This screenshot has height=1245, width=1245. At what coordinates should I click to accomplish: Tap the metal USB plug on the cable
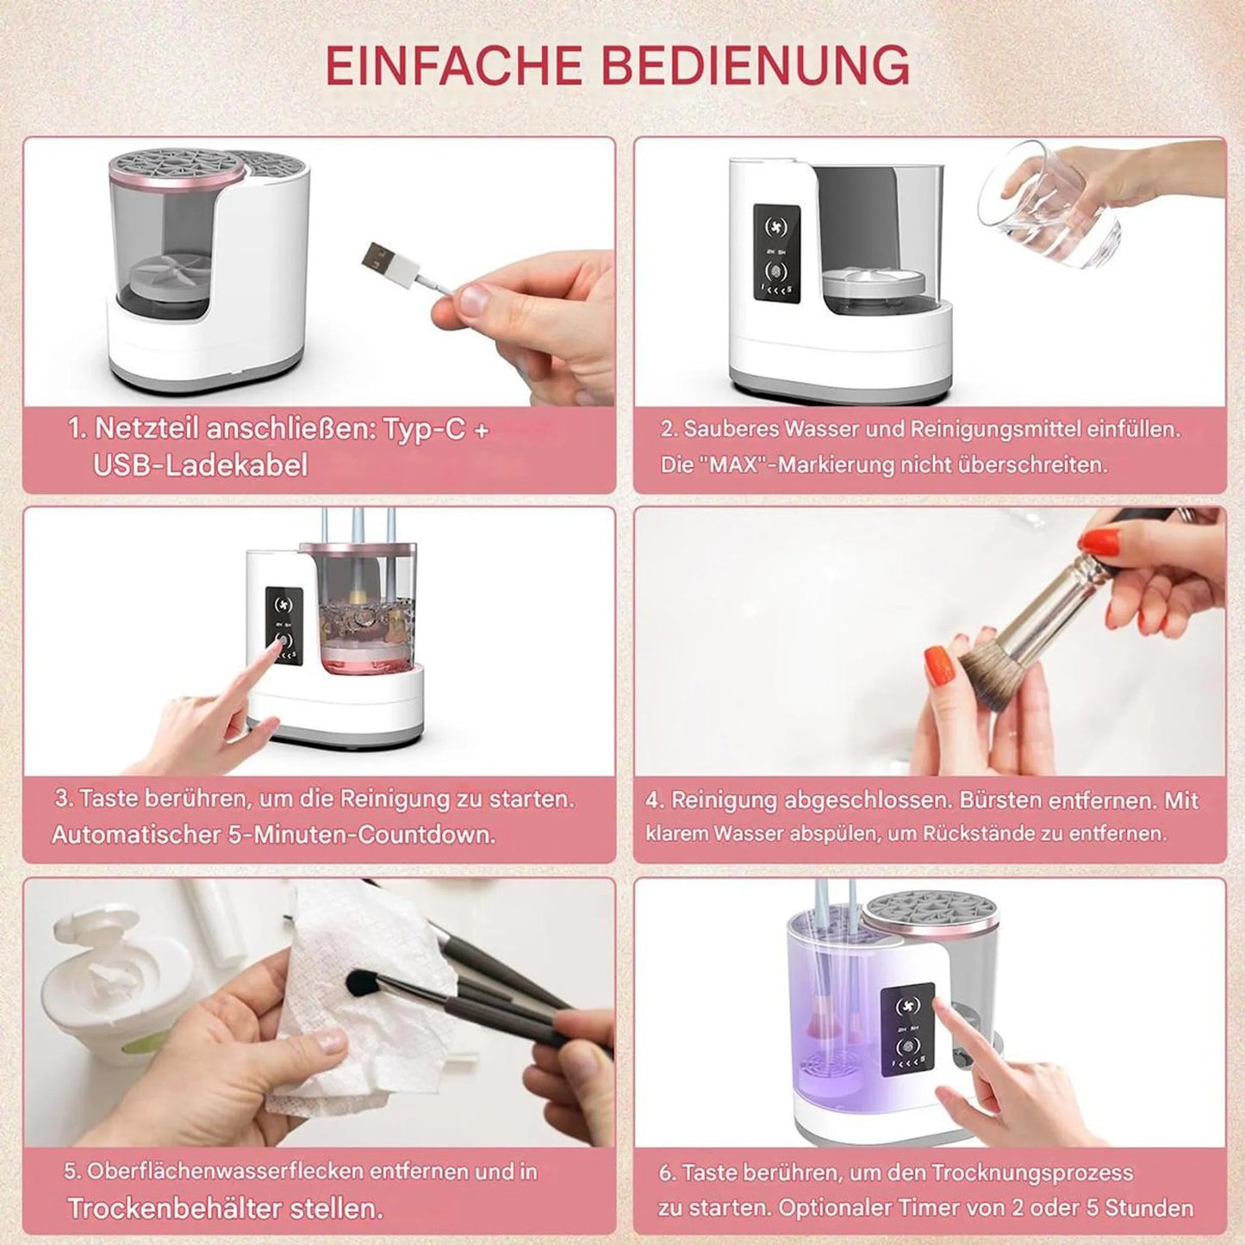tap(378, 257)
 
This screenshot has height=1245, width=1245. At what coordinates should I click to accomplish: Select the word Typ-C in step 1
tap(423, 428)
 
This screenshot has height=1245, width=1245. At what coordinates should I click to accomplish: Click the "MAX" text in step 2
tap(733, 464)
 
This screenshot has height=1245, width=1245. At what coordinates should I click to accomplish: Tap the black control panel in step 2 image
tap(776, 253)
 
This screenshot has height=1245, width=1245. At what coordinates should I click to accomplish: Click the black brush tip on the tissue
tap(361, 982)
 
